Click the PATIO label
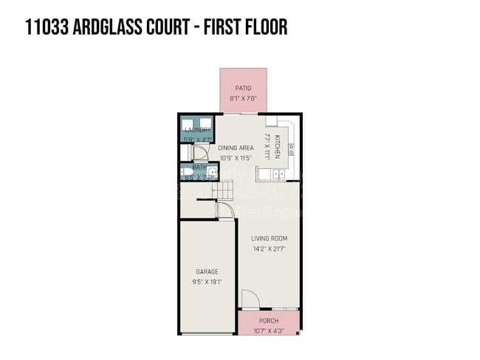(x=244, y=88)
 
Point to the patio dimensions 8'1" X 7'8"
(x=244, y=98)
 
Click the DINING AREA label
(x=236, y=148)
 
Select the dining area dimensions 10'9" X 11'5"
(x=236, y=157)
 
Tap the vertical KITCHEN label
(x=277, y=146)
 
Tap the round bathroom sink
(x=210, y=174)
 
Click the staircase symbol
(x=224, y=191)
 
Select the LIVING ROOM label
(x=269, y=238)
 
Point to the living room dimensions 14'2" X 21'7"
(x=269, y=249)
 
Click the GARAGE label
(x=207, y=271)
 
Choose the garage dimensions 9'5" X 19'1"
(x=207, y=281)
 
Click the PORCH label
(x=269, y=321)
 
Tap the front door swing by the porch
(x=249, y=300)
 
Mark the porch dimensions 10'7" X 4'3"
(x=269, y=330)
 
